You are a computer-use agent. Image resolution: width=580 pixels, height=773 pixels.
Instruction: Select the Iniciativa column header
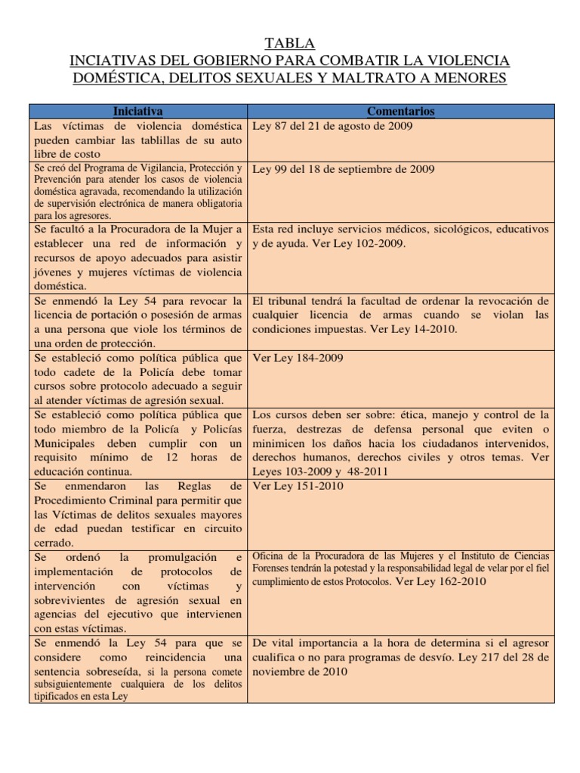click(138, 111)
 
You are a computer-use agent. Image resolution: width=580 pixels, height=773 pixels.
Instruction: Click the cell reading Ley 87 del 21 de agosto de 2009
click(332, 126)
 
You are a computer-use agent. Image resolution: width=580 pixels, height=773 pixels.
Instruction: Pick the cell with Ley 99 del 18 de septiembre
click(343, 169)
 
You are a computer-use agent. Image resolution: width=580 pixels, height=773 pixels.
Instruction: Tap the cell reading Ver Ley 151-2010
click(298, 486)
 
